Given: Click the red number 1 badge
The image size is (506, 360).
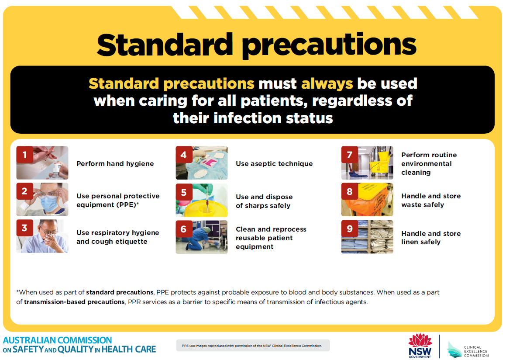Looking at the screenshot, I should click(25, 155).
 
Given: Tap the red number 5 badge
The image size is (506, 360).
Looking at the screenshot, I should click(184, 192).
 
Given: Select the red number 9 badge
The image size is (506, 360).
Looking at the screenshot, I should click(349, 228).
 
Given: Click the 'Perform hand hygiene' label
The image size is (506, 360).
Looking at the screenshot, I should click(115, 164).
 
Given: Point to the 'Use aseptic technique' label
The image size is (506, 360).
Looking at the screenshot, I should click(274, 164).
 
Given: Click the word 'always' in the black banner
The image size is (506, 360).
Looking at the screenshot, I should click(327, 83).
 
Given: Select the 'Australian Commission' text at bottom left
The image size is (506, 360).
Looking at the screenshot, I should click(57, 340).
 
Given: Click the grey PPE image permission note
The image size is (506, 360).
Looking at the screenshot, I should click(253, 346).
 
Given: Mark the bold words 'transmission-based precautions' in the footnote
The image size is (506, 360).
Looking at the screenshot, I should click(74, 302).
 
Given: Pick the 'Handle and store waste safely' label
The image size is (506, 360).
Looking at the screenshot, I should click(430, 201).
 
